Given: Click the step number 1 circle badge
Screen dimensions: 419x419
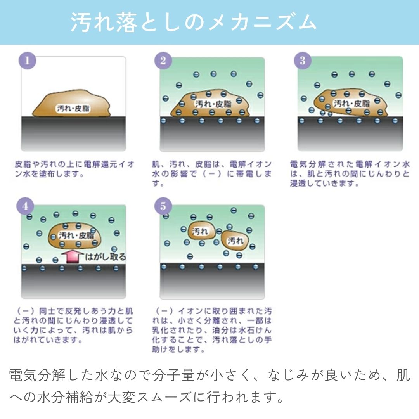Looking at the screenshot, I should point(27,61).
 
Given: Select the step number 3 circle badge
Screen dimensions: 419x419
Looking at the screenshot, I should point(303,61).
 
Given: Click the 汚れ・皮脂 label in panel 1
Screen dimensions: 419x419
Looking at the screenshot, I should point(73,109).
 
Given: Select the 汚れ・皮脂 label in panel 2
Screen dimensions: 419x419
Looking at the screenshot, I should point(212,104).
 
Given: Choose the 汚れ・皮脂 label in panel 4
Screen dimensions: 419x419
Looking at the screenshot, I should point(76,235).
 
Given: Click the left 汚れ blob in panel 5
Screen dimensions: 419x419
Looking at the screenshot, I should point(201,232).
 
